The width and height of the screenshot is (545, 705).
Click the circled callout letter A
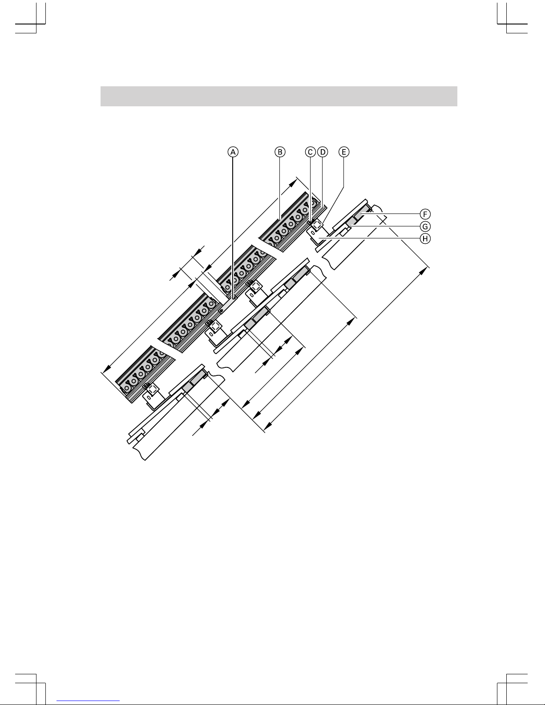pyautogui.click(x=233, y=152)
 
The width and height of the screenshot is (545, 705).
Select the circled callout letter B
pyautogui.click(x=279, y=152)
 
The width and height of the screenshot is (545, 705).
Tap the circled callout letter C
pyautogui.click(x=311, y=152)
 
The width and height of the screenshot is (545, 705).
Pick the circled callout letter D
pyautogui.click(x=323, y=152)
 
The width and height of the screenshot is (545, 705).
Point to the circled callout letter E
pyautogui.click(x=344, y=152)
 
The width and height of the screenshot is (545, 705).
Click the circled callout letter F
pyautogui.click(x=426, y=214)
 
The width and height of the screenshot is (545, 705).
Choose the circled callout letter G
pyautogui.click(x=426, y=226)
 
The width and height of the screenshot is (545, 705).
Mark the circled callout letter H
pyautogui.click(x=426, y=239)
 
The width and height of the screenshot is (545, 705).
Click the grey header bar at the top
pyautogui.click(x=279, y=96)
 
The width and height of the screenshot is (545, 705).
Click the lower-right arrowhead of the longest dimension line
pyautogui.click(x=265, y=429)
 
